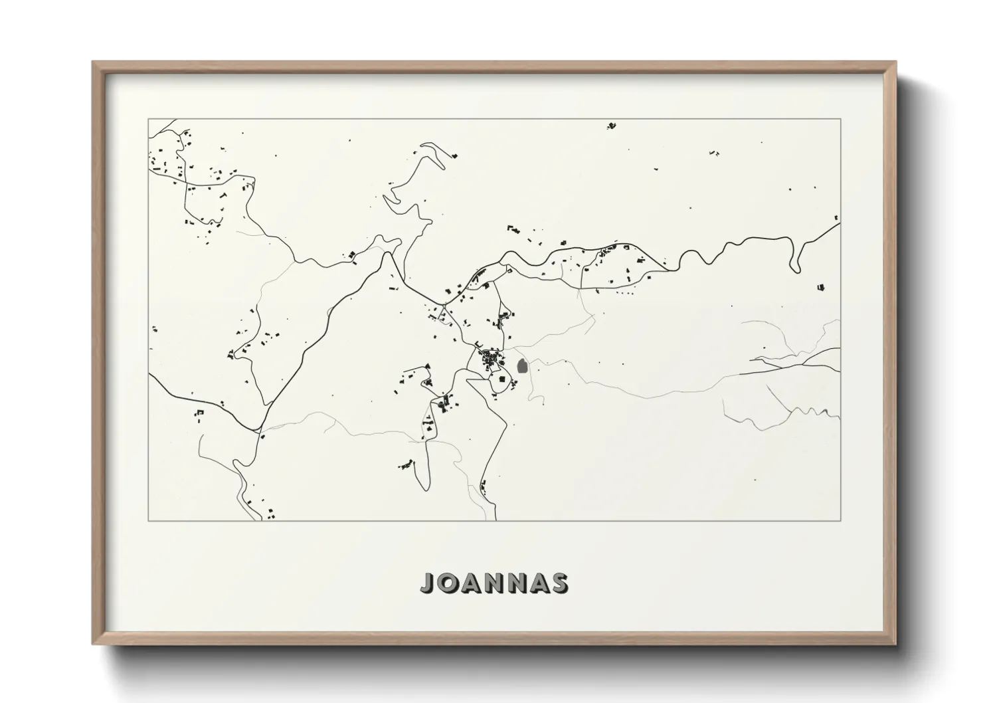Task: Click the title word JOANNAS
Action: (x=494, y=583)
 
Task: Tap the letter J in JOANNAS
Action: (x=426, y=583)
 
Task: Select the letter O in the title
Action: (x=447, y=583)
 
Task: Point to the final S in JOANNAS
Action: (x=560, y=583)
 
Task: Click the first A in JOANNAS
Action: (x=471, y=583)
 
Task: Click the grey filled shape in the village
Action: (x=522, y=366)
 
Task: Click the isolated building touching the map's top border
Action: (x=611, y=124)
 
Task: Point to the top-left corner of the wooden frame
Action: (x=94, y=62)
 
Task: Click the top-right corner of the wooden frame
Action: (x=895, y=62)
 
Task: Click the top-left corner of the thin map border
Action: (x=148, y=119)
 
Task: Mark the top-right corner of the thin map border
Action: (x=841, y=119)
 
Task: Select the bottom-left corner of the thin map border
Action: (x=148, y=520)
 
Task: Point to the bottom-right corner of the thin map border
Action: (x=841, y=520)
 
